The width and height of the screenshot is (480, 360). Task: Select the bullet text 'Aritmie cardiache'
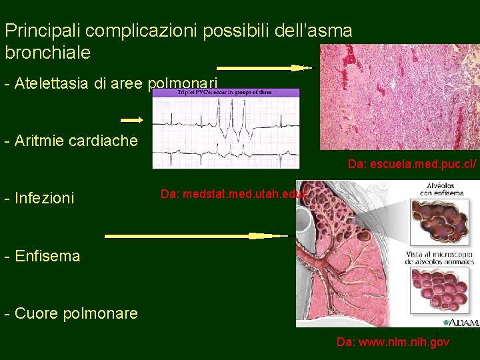(71, 141)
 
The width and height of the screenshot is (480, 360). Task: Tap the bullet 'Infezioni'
(39, 198)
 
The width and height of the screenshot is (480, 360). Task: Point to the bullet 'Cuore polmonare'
(71, 313)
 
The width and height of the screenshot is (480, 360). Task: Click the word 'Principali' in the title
(43, 31)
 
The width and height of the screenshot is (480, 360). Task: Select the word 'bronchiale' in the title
(47, 52)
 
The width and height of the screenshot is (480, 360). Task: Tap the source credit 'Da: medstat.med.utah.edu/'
(233, 194)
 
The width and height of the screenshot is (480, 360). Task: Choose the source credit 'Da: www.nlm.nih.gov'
(393, 342)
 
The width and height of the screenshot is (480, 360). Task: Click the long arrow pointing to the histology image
(264, 68)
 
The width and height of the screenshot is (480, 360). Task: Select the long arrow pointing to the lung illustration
(197, 236)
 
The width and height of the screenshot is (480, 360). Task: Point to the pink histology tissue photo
(399, 97)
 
